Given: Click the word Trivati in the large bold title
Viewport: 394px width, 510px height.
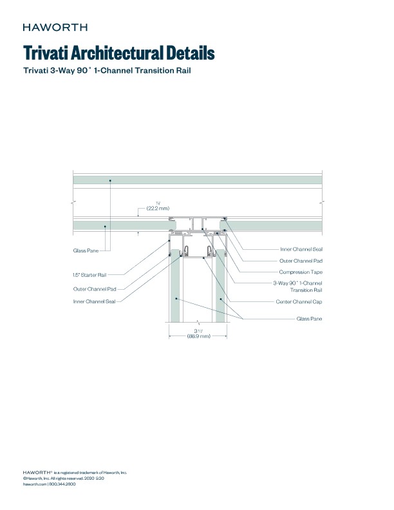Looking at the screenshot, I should click(x=49, y=52).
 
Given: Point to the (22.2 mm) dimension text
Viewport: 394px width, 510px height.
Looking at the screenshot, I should click(x=158, y=209).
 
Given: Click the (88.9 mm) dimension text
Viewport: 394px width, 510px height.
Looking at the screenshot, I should click(x=199, y=336).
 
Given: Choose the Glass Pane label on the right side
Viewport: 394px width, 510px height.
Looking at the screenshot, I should click(x=309, y=318).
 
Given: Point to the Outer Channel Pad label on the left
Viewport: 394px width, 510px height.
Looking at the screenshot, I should click(x=94, y=288).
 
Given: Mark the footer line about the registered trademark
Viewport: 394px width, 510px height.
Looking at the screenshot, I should click(x=75, y=473).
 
